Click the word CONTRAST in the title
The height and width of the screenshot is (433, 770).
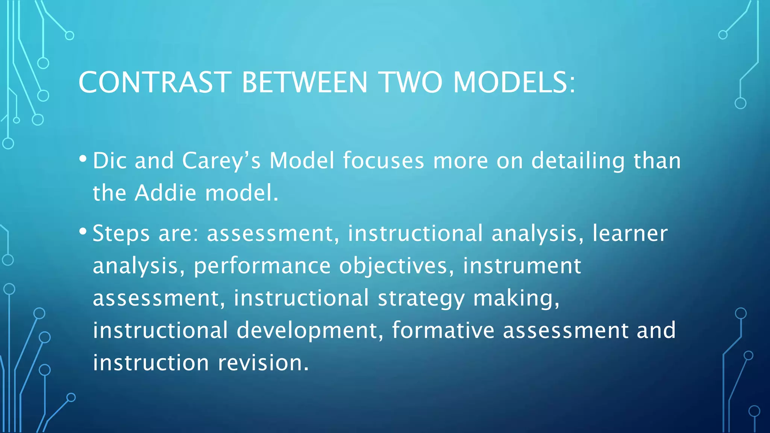154,82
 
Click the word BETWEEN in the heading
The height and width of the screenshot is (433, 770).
304,82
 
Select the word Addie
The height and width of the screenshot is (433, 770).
165,193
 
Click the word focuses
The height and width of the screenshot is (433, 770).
383,160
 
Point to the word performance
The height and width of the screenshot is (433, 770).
262,266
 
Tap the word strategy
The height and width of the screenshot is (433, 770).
421,299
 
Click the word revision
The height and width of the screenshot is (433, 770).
263,363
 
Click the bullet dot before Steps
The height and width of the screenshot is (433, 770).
83,232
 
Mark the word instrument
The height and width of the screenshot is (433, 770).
522,266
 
